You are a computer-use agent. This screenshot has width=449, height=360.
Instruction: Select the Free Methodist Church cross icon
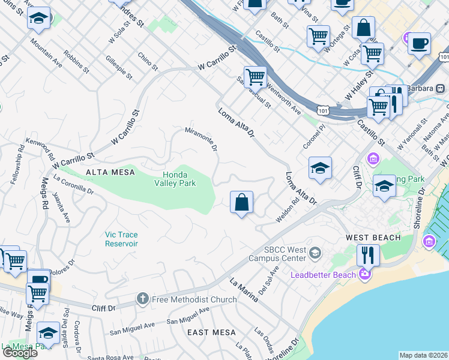tap(143, 298)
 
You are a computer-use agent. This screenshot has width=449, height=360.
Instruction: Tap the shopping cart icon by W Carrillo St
tap(256, 77)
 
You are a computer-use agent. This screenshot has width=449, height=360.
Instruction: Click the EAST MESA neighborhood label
tap(207, 332)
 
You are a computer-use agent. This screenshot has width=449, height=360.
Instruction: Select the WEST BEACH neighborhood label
tap(373, 238)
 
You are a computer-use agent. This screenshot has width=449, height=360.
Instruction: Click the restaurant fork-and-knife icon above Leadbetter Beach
tap(367, 255)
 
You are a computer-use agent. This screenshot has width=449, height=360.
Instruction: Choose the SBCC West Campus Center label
tap(285, 254)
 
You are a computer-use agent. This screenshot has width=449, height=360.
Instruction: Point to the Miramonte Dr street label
tap(200, 139)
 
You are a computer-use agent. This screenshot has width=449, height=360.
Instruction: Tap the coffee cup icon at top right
tap(419, 44)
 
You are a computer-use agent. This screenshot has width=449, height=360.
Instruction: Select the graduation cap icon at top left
tap(39, 19)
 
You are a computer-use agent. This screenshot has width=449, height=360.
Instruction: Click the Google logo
tap(20, 352)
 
